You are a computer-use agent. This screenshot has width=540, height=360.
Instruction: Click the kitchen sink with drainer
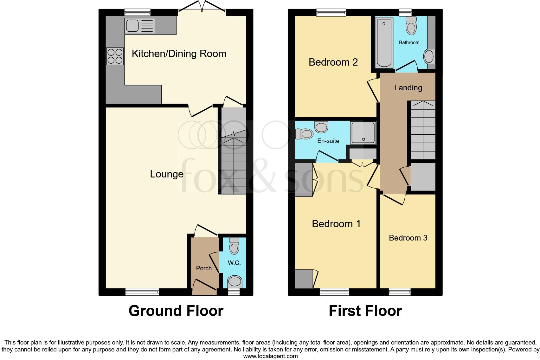(x=140, y=26)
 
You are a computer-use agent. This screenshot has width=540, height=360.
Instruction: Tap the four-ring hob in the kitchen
(x=115, y=56)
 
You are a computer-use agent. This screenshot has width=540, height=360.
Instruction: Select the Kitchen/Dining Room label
(x=179, y=54)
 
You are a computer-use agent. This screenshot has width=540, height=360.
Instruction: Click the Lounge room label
(x=167, y=174)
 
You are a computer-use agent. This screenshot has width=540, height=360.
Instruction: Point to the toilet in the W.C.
(x=234, y=246)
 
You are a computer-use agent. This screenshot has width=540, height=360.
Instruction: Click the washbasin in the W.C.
(x=235, y=281)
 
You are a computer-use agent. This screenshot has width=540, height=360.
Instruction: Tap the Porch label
(x=204, y=268)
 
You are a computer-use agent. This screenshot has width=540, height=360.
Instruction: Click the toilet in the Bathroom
(x=411, y=25)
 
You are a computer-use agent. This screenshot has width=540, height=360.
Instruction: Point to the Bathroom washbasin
(x=429, y=57)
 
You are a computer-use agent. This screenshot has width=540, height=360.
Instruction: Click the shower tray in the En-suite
(x=363, y=132)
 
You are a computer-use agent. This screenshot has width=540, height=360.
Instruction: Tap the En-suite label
(x=328, y=141)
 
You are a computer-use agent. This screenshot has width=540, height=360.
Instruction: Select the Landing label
(x=408, y=87)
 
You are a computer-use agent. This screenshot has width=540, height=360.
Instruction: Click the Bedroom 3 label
(x=408, y=238)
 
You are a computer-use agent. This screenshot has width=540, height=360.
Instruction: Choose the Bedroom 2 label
(x=333, y=62)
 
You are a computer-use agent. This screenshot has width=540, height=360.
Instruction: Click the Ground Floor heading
(x=176, y=311)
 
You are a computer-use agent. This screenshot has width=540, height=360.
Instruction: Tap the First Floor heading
(x=365, y=311)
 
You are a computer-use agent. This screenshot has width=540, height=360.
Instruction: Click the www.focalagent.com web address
(x=270, y=356)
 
